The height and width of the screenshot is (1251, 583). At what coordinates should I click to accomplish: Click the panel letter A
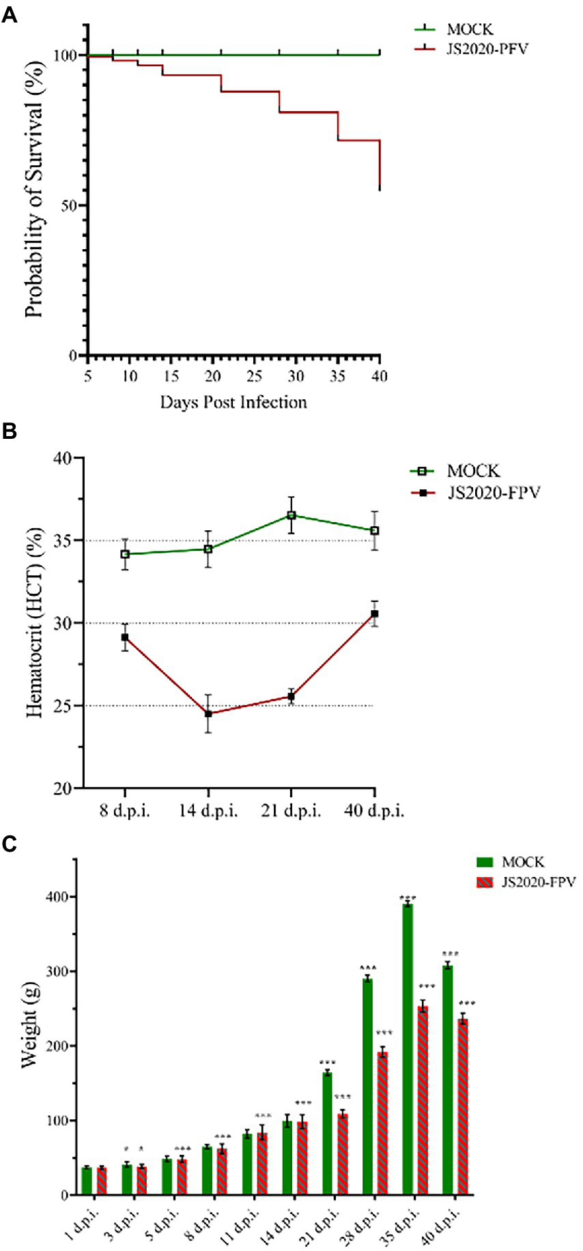[9, 16]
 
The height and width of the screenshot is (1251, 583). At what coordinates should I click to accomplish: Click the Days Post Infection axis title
[233, 403]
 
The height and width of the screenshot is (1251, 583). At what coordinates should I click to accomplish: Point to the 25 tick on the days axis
[254, 377]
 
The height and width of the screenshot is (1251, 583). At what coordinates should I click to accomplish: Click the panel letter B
[9, 431]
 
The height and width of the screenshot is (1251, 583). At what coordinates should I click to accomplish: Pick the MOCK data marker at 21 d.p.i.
[291, 515]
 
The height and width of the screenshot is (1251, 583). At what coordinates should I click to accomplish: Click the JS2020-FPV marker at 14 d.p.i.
[208, 714]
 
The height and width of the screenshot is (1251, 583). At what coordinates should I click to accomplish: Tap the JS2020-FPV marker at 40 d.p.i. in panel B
[374, 614]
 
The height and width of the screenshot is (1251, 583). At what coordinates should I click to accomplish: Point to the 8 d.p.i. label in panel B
[125, 811]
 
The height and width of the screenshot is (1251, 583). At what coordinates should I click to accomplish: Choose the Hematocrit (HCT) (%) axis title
[34, 622]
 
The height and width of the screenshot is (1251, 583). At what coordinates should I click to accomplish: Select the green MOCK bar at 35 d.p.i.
[408, 1051]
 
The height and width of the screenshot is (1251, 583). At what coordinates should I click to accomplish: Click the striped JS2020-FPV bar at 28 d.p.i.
[382, 1126]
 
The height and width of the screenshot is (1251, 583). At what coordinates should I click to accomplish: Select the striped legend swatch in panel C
[484, 882]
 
